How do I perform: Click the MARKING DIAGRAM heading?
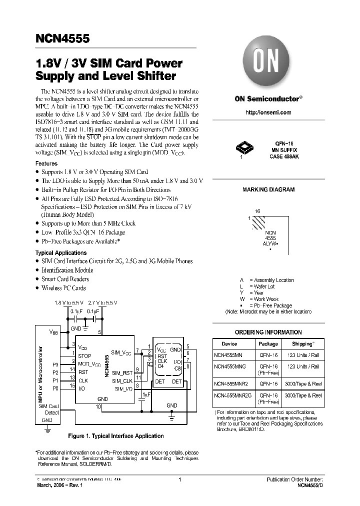pyautogui.click(x=268, y=190)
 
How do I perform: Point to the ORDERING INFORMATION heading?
pyautogui.click(x=268, y=332)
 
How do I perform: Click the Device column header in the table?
pyautogui.click(x=229, y=344)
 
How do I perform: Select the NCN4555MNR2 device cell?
pyautogui.click(x=231, y=383)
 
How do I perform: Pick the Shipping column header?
pyautogui.click(x=304, y=344)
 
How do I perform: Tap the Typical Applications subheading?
pyautogui.click(x=61, y=253)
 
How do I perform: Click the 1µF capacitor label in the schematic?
pyautogui.click(x=146, y=395)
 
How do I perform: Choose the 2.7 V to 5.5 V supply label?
pyautogui.click(x=102, y=303)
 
